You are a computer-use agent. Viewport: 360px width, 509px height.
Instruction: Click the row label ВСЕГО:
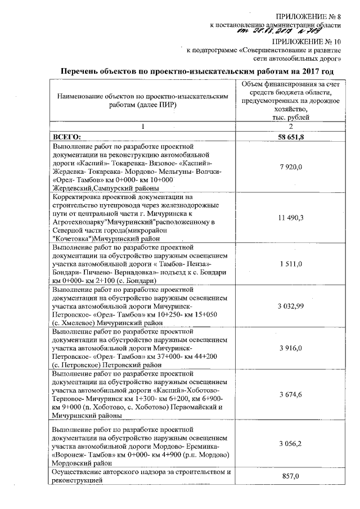click(x=67, y=137)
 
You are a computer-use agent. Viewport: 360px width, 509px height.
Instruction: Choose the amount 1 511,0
click(x=290, y=264)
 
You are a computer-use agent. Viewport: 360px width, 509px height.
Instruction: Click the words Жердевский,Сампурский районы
click(x=105, y=187)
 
